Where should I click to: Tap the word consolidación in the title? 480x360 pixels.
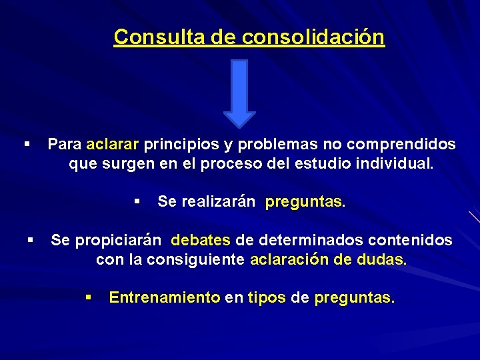tap(313, 37)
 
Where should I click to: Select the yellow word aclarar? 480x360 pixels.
tap(113, 144)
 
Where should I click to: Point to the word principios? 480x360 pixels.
tap(175, 144)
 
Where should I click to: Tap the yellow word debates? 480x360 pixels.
tap(201, 240)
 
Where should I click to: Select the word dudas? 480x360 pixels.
tap(381, 259)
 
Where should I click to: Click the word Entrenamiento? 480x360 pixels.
tap(164, 297)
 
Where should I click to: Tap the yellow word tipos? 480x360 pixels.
tap(267, 297)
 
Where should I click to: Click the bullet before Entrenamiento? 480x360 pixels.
tap(88, 297)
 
